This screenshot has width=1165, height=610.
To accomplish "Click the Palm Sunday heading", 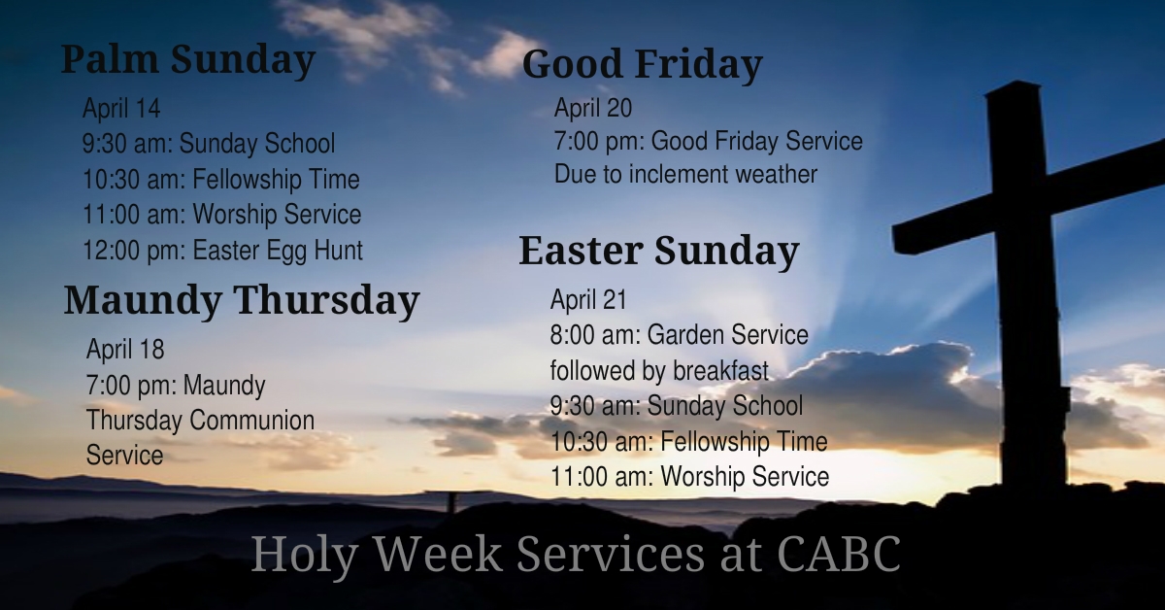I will (188, 60).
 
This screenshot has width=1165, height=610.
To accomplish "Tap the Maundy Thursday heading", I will (242, 300).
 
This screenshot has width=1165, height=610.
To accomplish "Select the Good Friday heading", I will (642, 65).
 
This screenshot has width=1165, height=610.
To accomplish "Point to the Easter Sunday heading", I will (658, 251).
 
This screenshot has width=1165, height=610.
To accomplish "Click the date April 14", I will (121, 108).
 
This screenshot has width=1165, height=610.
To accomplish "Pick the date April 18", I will (125, 349).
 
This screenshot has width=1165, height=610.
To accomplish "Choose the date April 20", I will (593, 108).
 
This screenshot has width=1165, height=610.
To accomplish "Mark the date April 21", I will (589, 299).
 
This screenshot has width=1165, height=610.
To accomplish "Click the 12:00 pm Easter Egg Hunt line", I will (222, 251).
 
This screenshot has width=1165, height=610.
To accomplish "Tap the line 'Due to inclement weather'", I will (685, 175).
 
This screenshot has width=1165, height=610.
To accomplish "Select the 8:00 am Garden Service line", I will (679, 335).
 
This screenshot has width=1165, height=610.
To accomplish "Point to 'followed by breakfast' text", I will (659, 371).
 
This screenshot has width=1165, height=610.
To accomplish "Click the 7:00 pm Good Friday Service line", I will (708, 142).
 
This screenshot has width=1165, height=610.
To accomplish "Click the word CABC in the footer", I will (840, 555).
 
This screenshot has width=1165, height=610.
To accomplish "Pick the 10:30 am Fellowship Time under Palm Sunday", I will (220, 180).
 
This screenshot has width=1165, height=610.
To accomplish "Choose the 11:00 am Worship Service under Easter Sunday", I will (689, 477).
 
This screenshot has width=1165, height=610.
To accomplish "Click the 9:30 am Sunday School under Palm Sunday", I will (209, 144).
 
